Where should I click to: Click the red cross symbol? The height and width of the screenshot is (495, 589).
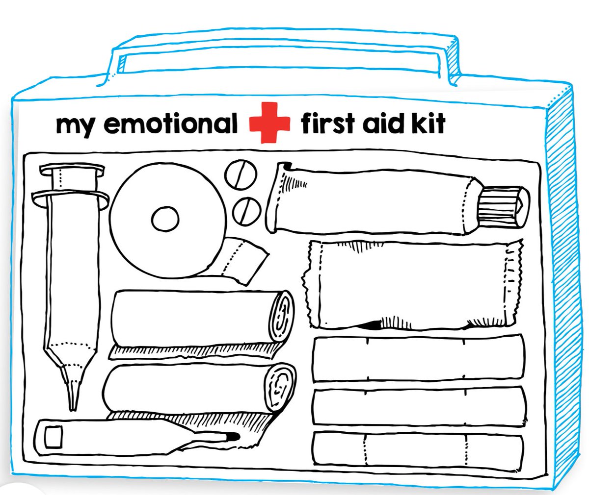[269, 123]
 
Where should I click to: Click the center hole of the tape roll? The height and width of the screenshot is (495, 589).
[165, 219]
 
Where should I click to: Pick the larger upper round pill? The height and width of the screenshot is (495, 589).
[241, 173]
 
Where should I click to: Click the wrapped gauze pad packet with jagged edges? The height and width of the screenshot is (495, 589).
[412, 284]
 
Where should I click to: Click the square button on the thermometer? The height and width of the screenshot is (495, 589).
[53, 436]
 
